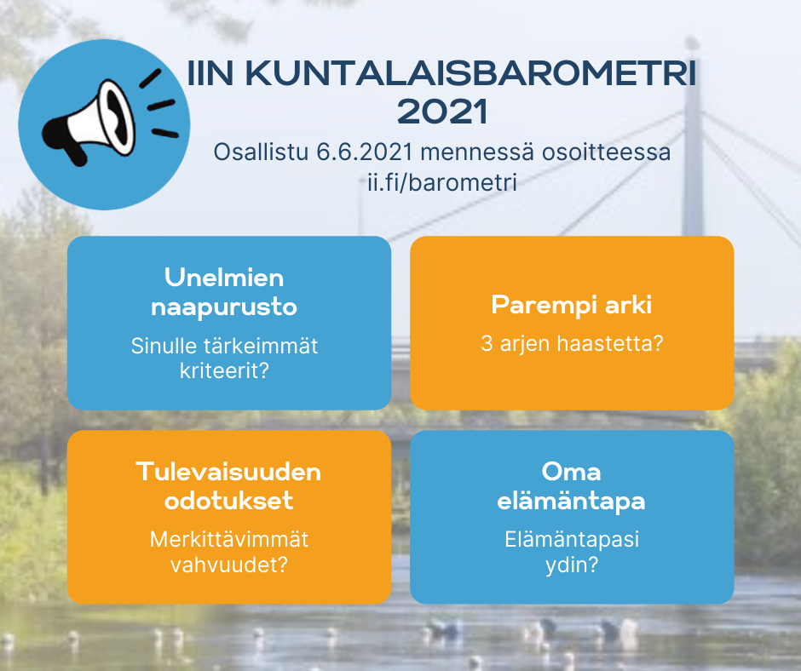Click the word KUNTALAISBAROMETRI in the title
(471, 73)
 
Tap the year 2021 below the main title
(442, 112)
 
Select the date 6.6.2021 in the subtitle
(364, 152)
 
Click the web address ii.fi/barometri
(442, 182)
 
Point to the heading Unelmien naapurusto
(224, 292)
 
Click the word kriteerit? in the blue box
(224, 370)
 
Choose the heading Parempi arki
(572, 305)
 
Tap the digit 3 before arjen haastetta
(487, 344)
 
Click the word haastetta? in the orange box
(610, 343)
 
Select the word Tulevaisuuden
(228, 472)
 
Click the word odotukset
(228, 501)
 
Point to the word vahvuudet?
(229, 565)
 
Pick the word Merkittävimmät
(229, 539)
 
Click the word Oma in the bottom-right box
(571, 472)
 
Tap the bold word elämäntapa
(571, 501)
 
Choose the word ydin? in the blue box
(572, 565)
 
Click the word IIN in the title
(210, 73)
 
